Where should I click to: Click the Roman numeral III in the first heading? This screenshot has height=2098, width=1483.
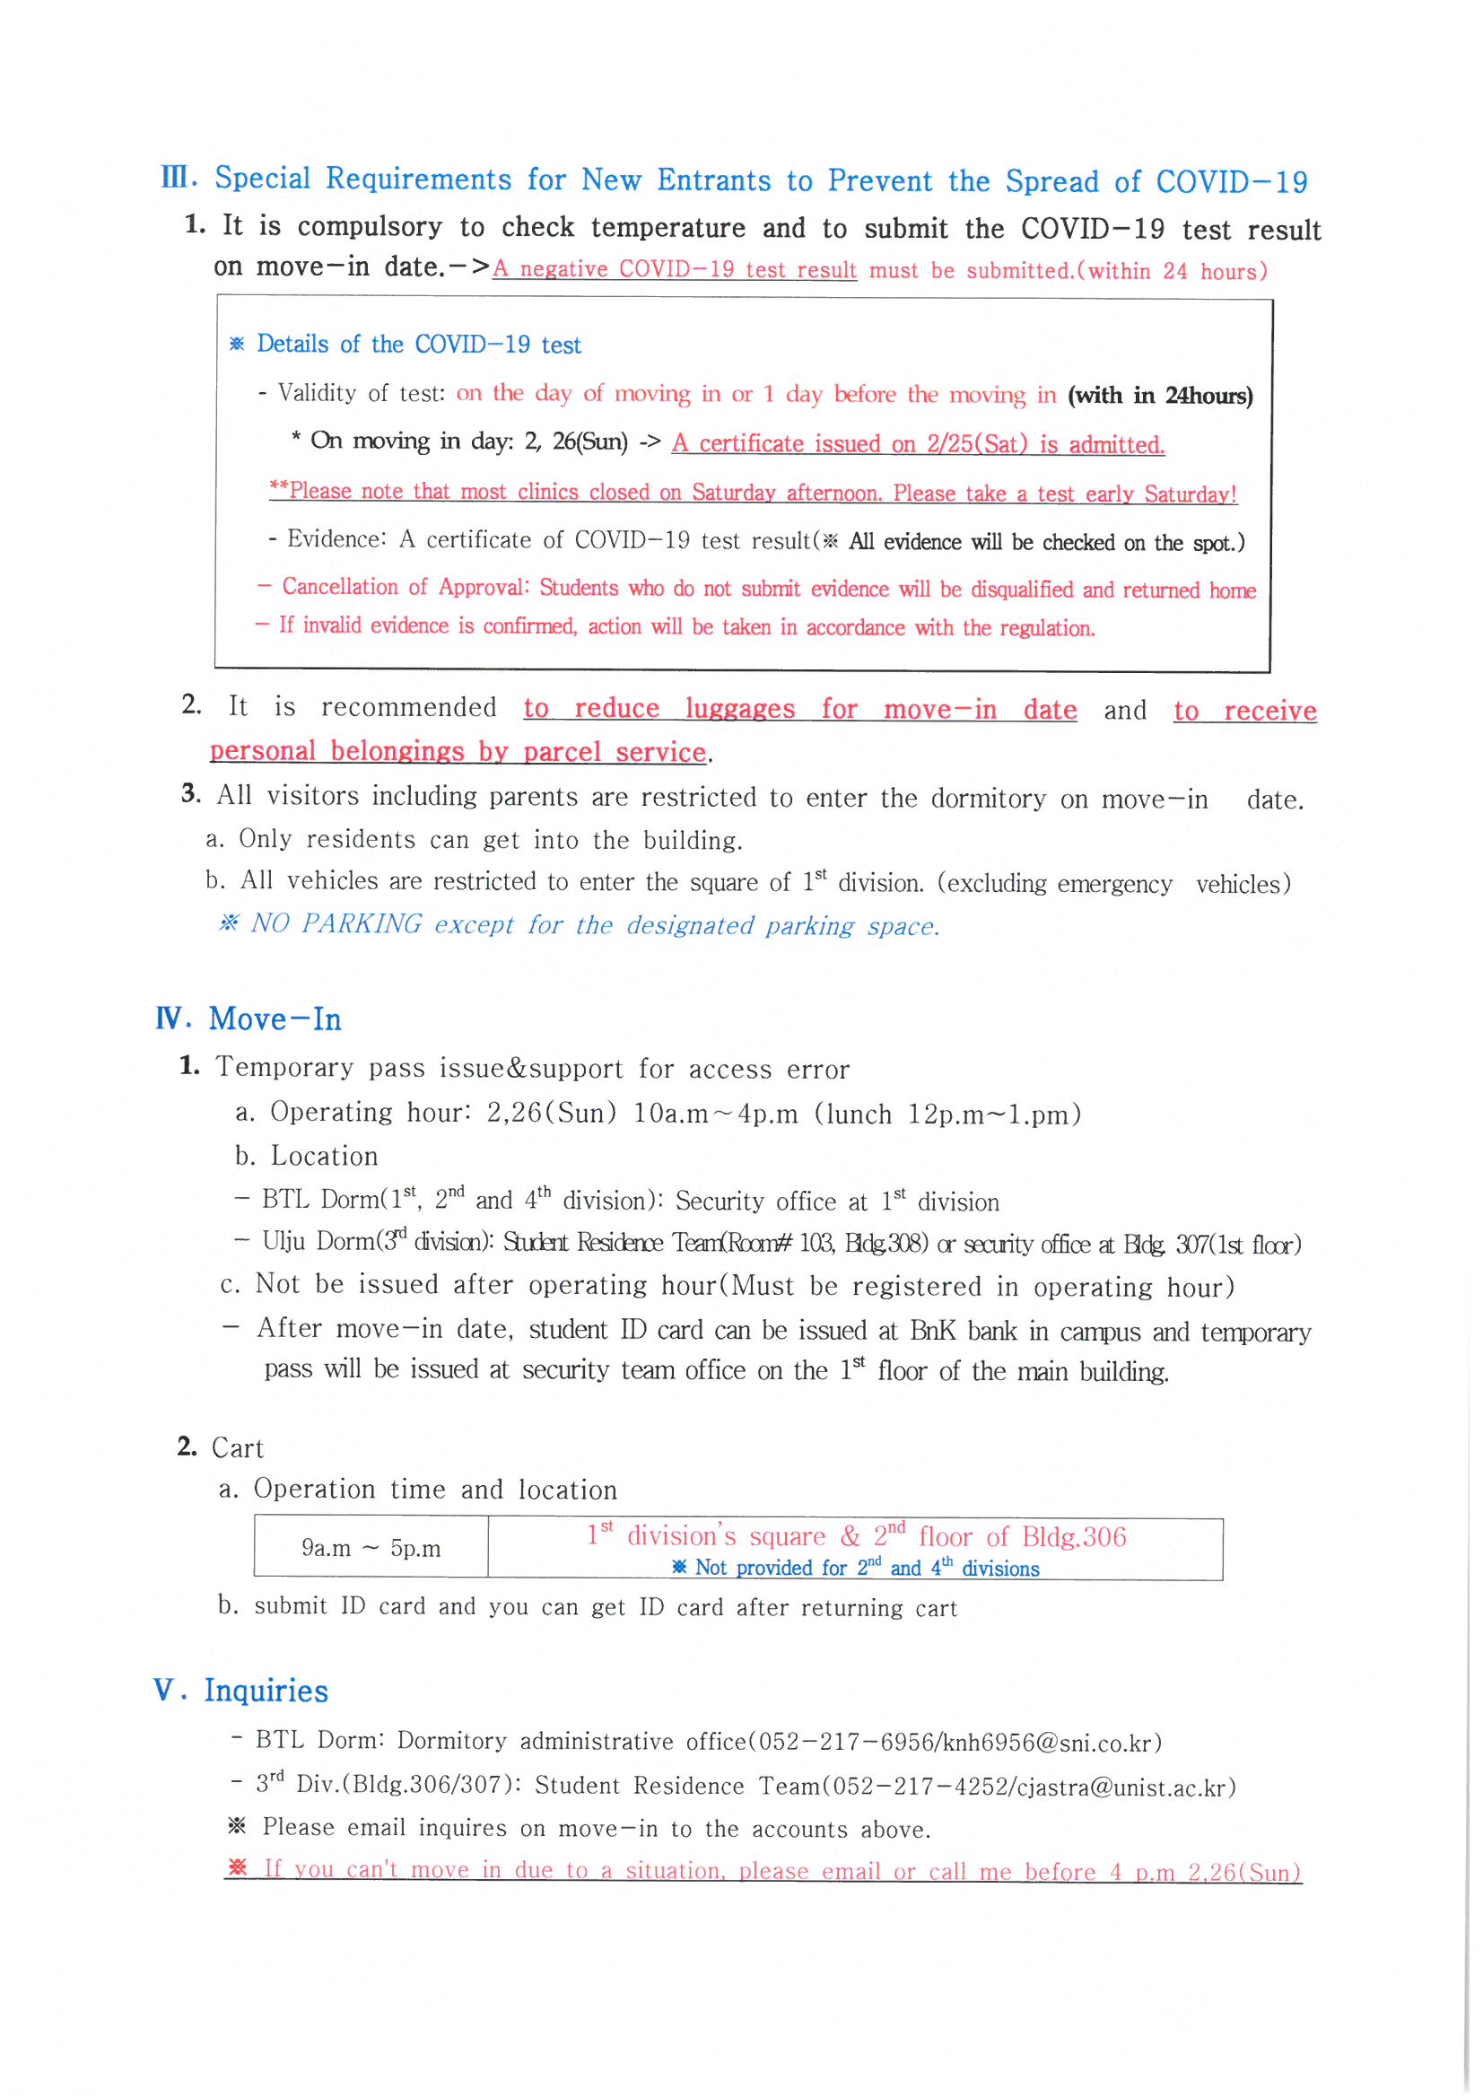click(178, 178)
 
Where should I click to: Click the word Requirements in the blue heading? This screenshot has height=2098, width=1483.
click(417, 179)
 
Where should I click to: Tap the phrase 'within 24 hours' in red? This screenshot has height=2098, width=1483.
click(1173, 271)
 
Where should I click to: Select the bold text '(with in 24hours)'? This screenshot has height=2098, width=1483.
click(1160, 396)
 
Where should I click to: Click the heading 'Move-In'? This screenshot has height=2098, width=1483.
click(275, 1018)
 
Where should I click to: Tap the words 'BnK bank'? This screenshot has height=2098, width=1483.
click(963, 1331)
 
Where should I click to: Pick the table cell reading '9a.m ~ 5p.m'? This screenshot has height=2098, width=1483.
click(371, 1548)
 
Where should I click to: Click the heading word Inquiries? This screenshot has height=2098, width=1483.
click(266, 1691)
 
